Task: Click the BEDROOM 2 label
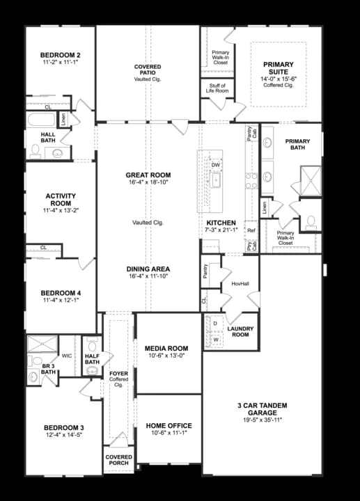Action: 60,54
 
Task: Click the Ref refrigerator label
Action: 251,230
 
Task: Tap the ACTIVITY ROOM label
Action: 60,200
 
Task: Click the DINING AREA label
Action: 148,269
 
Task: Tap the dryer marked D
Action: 215,324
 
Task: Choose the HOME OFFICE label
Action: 169,425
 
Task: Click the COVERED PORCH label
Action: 118,461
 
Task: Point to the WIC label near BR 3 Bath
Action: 67,356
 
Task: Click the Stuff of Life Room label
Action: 219,88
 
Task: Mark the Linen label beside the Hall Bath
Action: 64,119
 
